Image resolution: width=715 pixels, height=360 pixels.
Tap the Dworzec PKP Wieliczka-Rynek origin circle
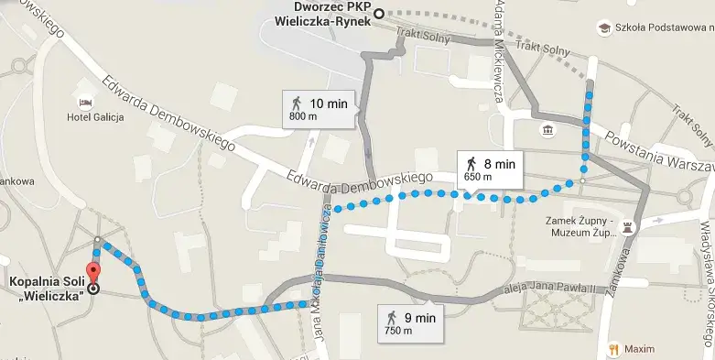coord(379,13)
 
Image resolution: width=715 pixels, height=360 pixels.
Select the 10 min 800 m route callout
coord(319,109)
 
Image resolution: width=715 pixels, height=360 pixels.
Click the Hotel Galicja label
coord(95,117)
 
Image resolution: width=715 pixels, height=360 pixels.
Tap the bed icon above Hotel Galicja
coord(86,101)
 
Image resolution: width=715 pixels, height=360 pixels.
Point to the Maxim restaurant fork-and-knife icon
coord(612,349)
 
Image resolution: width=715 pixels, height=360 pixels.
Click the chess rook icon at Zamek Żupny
coord(627,224)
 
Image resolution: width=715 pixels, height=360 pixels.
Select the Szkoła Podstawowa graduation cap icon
coord(604,28)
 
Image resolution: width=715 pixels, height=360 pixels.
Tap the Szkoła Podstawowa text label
coord(663,28)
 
